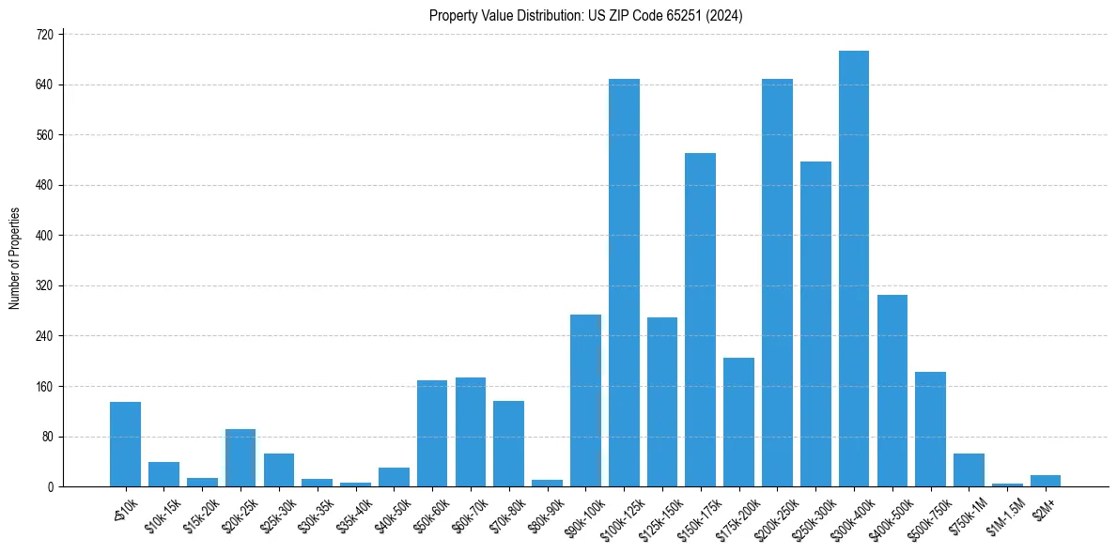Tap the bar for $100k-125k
point(624,283)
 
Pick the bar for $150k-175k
point(701,319)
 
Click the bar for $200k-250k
point(777,283)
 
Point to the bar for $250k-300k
point(815,324)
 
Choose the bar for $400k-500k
point(892,391)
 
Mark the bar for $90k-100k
point(585,400)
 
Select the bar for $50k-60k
point(432,433)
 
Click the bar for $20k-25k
point(240,457)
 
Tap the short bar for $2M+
point(1046,481)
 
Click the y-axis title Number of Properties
point(15,258)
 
